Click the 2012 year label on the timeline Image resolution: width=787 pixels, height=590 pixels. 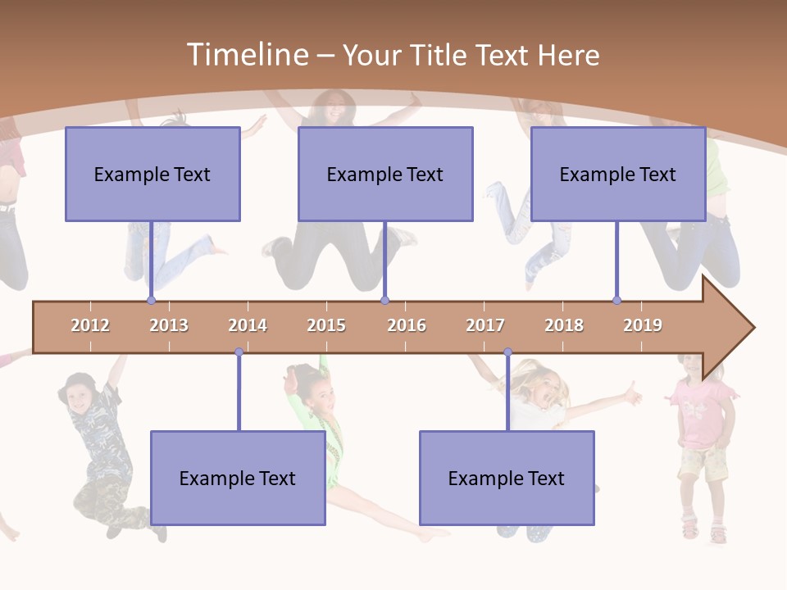tap(90, 325)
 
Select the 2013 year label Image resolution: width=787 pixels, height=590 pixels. tap(169, 325)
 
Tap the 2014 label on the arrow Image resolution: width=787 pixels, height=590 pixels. tap(248, 325)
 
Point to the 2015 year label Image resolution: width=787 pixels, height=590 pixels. tap(326, 325)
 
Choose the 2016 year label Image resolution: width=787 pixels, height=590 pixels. tap(407, 325)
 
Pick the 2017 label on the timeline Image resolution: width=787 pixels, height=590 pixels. tap(485, 325)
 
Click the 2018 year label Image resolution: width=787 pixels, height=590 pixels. tap(564, 325)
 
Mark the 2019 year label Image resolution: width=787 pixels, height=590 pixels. tap(643, 325)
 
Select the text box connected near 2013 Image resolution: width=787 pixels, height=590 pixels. tap(152, 174)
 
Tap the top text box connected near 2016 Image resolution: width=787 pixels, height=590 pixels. tap(385, 174)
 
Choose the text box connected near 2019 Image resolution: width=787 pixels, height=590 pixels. tap(618, 174)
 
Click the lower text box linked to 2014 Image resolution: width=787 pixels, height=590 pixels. tap(238, 478)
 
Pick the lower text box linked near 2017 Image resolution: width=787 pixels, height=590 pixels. tap(507, 478)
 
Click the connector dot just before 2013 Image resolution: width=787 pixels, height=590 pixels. tap(151, 301)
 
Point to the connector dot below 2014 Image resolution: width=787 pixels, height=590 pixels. tap(239, 352)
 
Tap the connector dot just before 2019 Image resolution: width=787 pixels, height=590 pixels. tap(616, 301)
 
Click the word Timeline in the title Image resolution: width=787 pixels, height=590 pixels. tap(246, 55)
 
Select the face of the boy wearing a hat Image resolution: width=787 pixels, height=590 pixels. tap(80, 398)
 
